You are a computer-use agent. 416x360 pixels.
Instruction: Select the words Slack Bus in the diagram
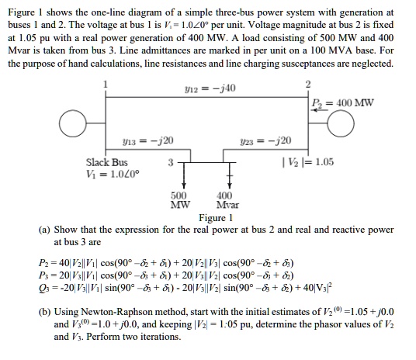106,163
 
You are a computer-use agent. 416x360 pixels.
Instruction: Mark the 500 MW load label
179,200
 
